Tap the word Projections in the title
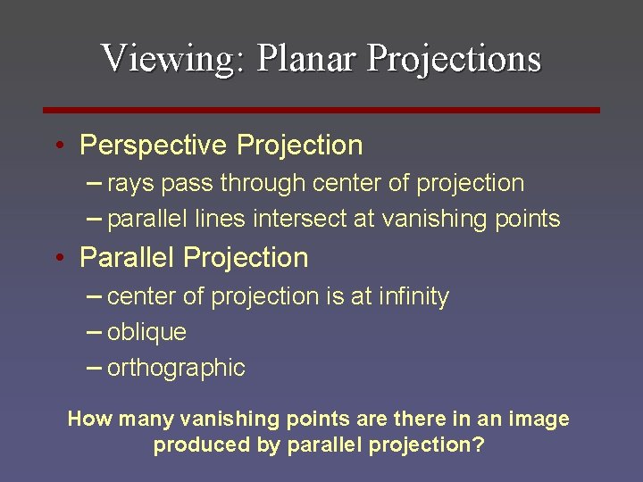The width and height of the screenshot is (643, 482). [454, 58]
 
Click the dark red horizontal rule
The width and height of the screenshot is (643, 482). [321, 110]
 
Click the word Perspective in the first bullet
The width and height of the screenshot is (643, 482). [152, 145]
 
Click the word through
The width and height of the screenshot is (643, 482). [263, 184]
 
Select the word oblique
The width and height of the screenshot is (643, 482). [146, 332]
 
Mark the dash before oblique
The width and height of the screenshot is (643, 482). [94, 331]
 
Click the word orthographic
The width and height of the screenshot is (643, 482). [176, 368]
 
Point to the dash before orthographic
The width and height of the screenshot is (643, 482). [94, 367]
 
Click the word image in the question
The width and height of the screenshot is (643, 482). [539, 419]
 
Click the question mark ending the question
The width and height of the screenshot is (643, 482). [479, 445]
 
